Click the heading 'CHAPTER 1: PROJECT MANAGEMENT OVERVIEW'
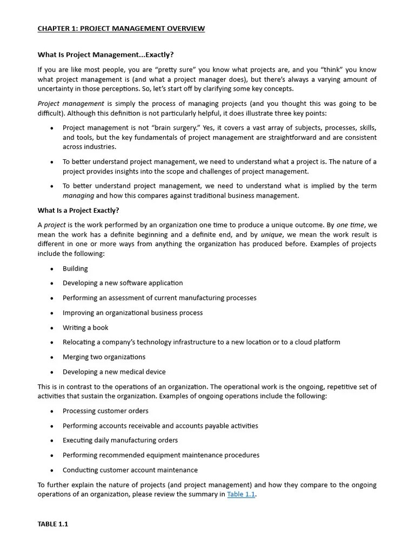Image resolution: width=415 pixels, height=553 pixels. tap(121, 29)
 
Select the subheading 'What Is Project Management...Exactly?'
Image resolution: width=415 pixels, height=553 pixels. tap(105, 55)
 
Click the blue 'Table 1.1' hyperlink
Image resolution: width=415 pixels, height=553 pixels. tap(241, 494)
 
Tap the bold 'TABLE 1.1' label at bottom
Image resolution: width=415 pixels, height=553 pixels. tap(53, 524)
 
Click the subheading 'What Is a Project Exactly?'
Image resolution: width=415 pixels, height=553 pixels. tap(78, 210)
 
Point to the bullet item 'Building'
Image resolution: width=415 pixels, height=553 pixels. tap(75, 268)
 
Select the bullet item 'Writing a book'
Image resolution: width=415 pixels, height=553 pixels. tap(85, 327)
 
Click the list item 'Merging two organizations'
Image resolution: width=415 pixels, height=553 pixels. tap(104, 357)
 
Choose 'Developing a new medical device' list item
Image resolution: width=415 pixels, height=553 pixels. tap(114, 372)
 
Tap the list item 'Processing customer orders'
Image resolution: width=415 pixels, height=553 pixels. tap(105, 411)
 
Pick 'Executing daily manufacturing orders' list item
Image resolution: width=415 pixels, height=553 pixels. tap(120, 440)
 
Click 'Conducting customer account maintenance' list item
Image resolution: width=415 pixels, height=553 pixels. tap(130, 470)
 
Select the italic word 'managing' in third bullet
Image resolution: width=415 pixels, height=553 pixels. tap(78, 195)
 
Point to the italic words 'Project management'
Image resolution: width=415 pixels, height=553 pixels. tap(71, 103)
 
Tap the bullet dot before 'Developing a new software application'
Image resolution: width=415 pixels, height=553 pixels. tap(52, 284)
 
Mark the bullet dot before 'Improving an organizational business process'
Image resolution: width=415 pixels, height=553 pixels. tap(52, 313)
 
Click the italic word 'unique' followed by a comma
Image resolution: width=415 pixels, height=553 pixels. tap(271, 234)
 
